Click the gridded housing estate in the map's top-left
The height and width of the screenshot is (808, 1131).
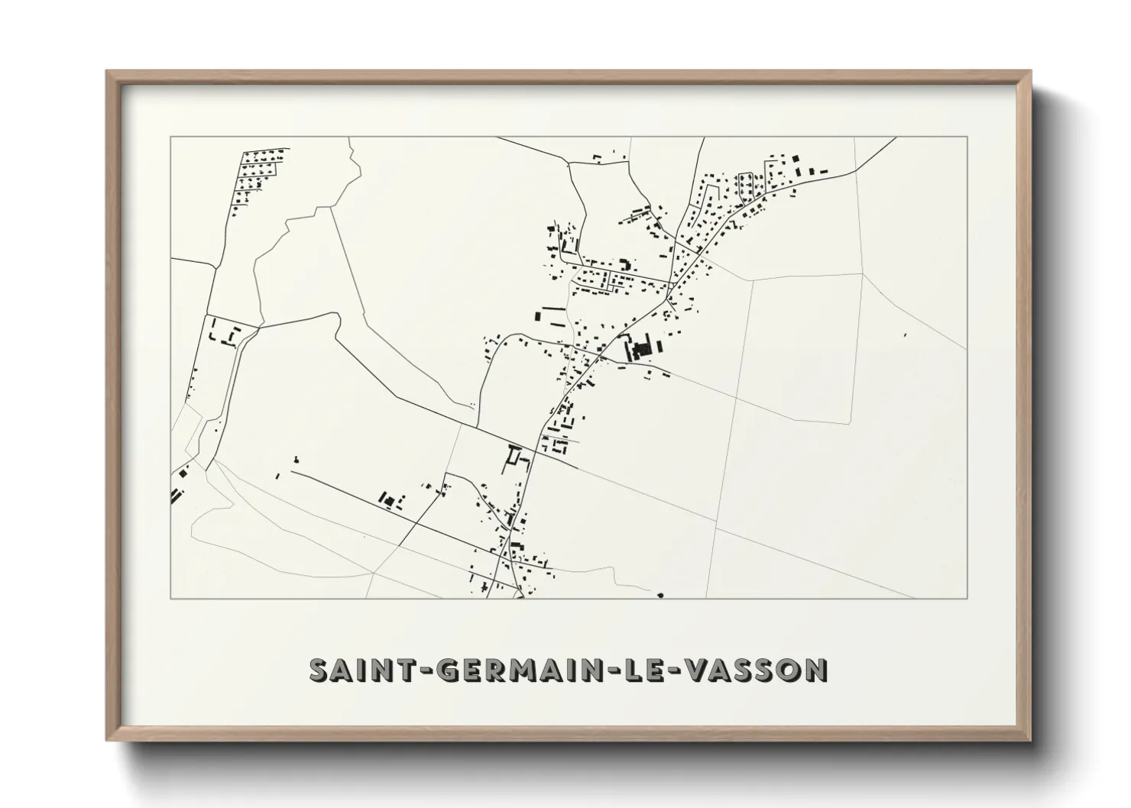256,172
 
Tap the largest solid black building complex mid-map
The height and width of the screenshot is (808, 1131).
640,349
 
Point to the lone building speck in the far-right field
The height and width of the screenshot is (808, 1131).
906,335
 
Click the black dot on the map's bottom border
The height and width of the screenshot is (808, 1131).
660,595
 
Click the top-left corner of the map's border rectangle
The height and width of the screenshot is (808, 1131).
170,137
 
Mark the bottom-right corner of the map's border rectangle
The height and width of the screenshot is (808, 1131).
967,598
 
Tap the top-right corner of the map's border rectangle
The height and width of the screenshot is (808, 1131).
967,137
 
